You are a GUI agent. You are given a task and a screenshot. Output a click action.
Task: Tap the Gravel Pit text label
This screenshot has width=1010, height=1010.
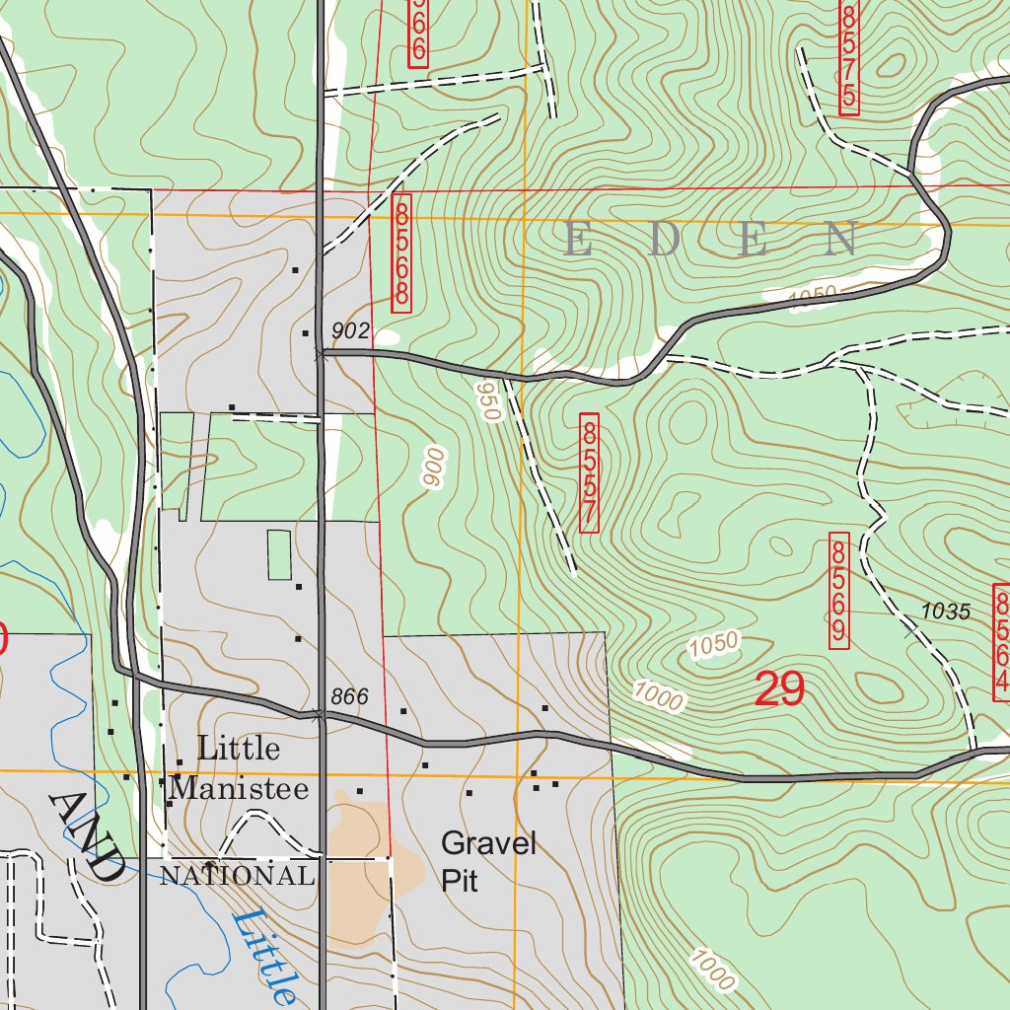(x=488, y=861)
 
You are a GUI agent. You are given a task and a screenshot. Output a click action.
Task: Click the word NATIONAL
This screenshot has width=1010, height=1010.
(x=237, y=875)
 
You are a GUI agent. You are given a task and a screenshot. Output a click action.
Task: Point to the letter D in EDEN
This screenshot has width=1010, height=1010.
(x=666, y=241)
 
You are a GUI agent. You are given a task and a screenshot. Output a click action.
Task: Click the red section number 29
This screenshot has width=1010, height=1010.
(x=779, y=688)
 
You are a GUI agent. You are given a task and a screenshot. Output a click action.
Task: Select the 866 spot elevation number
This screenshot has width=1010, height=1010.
(x=349, y=697)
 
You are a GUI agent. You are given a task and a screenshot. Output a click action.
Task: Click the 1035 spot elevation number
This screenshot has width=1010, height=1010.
(x=946, y=612)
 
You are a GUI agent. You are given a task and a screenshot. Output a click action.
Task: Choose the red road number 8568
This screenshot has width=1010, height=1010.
(x=400, y=253)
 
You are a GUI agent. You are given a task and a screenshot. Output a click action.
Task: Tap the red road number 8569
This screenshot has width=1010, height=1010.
(x=838, y=591)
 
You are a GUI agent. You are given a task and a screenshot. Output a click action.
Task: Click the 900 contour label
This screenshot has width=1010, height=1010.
(x=433, y=467)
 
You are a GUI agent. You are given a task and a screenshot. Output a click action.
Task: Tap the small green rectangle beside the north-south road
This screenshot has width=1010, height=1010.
(x=279, y=554)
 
